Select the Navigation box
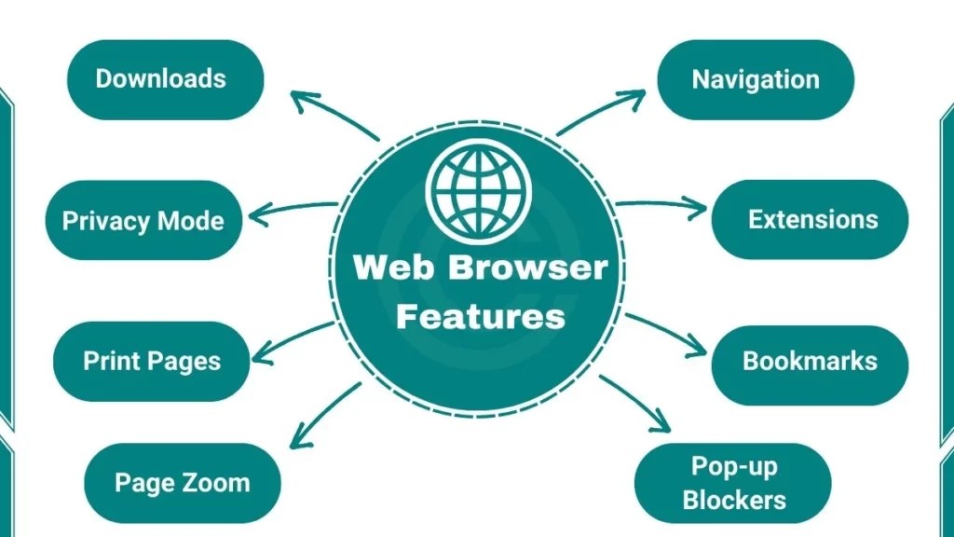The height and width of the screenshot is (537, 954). click(x=756, y=79)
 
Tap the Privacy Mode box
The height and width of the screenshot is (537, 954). click(x=143, y=221)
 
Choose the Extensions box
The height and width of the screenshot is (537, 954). click(x=810, y=219)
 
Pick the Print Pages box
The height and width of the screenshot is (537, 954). click(x=152, y=361)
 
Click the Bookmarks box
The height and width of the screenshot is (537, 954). click(x=810, y=361)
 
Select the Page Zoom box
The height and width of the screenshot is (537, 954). click(x=182, y=483)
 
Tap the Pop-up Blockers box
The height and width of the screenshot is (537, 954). click(x=733, y=483)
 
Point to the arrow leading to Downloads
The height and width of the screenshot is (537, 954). click(x=333, y=115)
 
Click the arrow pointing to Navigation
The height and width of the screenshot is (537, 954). click(x=601, y=113)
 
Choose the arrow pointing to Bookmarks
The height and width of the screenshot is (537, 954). click(x=665, y=335)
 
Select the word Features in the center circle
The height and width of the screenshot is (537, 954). click(x=480, y=316)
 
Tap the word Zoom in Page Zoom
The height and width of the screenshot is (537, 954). click(x=215, y=483)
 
